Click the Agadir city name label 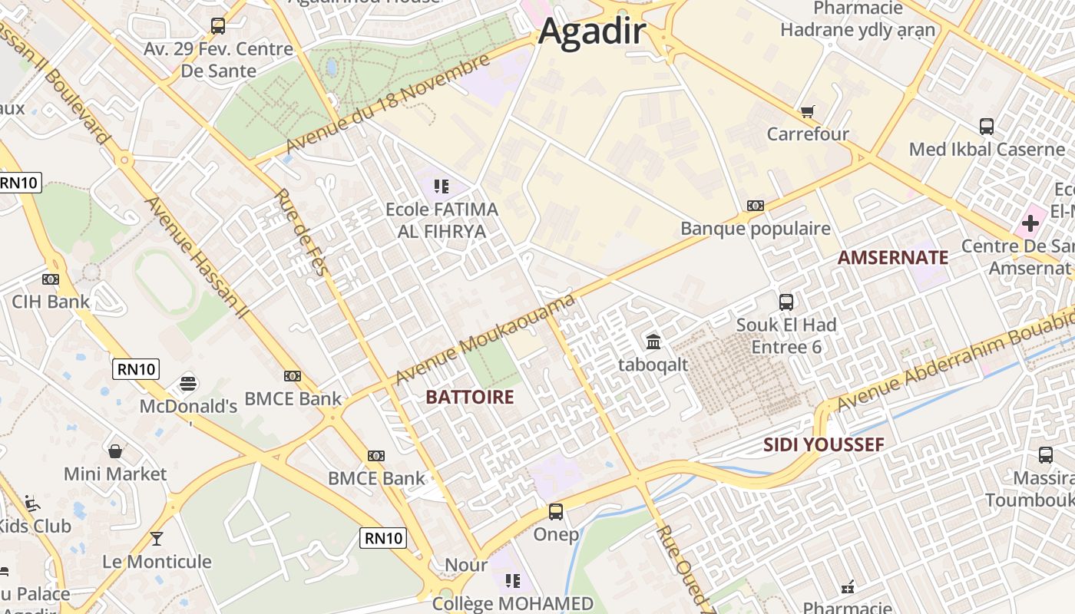(592, 32)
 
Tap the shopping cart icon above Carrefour (807, 112)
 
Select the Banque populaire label (756, 229)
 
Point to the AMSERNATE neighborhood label (892, 257)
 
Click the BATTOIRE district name (469, 397)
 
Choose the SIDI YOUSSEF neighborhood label (823, 444)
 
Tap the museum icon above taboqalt (653, 342)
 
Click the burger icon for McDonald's (188, 382)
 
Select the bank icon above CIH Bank (51, 279)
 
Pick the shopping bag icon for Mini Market (115, 451)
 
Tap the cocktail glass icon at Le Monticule (157, 539)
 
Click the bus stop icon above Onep (556, 511)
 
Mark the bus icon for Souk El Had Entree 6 (786, 302)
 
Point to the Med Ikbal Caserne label (987, 149)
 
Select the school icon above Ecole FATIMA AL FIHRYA (441, 186)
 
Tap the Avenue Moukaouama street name (485, 339)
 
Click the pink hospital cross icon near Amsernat (1030, 223)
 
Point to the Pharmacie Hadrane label (858, 19)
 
